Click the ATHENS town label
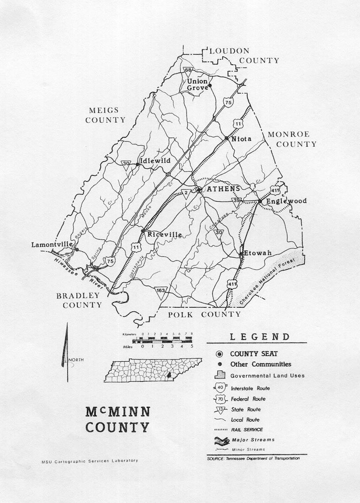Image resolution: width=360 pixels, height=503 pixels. [x=223, y=189]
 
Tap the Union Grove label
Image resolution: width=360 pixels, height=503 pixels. [x=197, y=85]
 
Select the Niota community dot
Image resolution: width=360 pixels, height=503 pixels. [x=227, y=138]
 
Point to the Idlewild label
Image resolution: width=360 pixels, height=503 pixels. [x=155, y=161]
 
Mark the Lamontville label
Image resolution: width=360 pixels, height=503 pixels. [x=51, y=244]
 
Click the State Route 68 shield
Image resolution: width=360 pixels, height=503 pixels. [x=189, y=71]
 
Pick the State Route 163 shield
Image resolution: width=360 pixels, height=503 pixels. [x=161, y=291]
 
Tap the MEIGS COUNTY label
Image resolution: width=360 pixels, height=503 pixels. [x=106, y=115]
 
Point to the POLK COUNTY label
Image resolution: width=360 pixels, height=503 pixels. [x=205, y=314]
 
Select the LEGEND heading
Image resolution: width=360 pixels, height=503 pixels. [x=260, y=337]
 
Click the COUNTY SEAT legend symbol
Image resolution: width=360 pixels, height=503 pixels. [x=220, y=354]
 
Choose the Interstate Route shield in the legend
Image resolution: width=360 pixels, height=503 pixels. [x=220, y=388]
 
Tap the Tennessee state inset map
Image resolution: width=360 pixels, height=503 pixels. [x=153, y=370]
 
